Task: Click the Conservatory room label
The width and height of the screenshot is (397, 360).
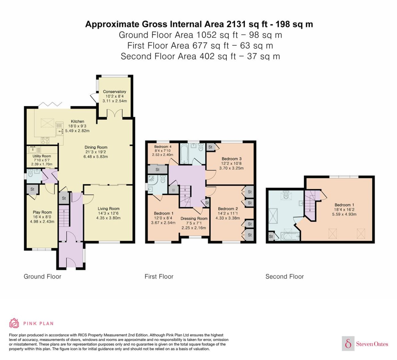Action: tap(114, 92)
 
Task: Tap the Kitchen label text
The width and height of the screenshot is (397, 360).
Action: tap(78, 121)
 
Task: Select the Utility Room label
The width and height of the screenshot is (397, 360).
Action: tap(42, 156)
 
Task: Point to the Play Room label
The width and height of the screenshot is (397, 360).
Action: tap(42, 212)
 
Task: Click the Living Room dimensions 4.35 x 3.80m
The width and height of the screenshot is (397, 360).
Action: tap(108, 218)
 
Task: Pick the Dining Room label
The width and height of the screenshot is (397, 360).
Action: tap(96, 147)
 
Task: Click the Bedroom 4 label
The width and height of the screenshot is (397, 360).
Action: tap(163, 147)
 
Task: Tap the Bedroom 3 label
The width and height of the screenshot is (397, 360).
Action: tap(232, 159)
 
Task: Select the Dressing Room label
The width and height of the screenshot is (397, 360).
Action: tap(194, 219)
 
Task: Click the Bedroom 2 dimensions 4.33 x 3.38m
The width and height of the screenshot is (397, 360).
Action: tap(228, 218)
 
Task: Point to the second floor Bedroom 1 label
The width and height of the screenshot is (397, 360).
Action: tap(344, 205)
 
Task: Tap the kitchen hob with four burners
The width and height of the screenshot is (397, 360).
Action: tap(45, 141)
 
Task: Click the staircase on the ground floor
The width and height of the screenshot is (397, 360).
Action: tap(64, 216)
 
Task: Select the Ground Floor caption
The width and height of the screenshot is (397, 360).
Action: tap(42, 276)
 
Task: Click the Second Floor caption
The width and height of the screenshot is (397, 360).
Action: tap(285, 276)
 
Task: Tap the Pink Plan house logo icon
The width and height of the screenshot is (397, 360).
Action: tap(14, 323)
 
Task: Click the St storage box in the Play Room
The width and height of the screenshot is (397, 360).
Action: tap(32, 189)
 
